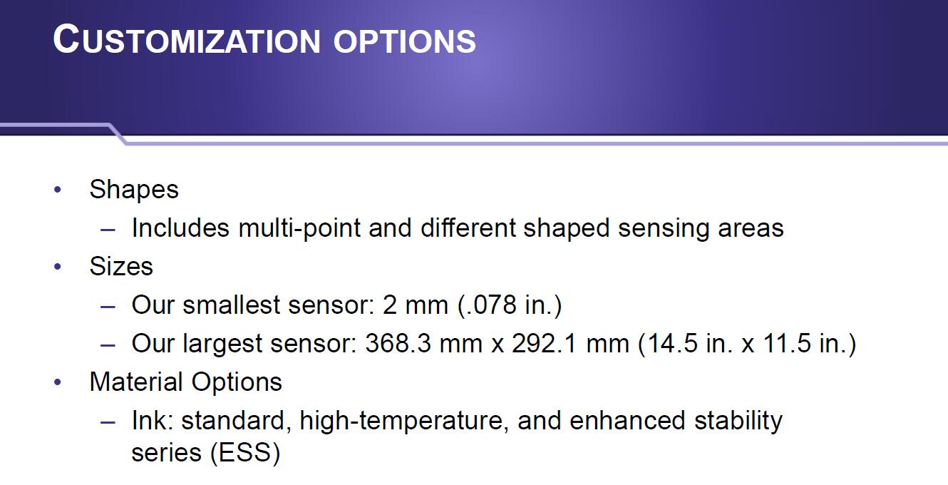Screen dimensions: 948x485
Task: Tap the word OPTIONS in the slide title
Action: click(x=405, y=41)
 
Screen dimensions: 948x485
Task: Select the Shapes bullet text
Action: click(x=134, y=190)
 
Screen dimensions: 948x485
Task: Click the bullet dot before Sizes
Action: click(x=58, y=267)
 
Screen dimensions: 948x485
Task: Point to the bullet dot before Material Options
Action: click(x=58, y=382)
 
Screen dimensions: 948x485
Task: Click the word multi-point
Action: click(x=299, y=229)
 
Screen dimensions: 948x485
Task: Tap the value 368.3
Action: click(x=398, y=343)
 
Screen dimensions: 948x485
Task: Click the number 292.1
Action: click(x=545, y=343)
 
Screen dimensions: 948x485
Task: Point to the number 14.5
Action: click(x=672, y=343)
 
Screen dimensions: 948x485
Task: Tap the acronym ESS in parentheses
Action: click(x=244, y=452)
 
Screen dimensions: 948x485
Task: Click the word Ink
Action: click(x=153, y=421)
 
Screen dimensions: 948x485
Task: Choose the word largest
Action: click(x=222, y=344)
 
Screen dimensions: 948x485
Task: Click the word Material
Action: click(x=136, y=382)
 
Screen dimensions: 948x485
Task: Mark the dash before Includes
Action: click(x=108, y=230)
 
